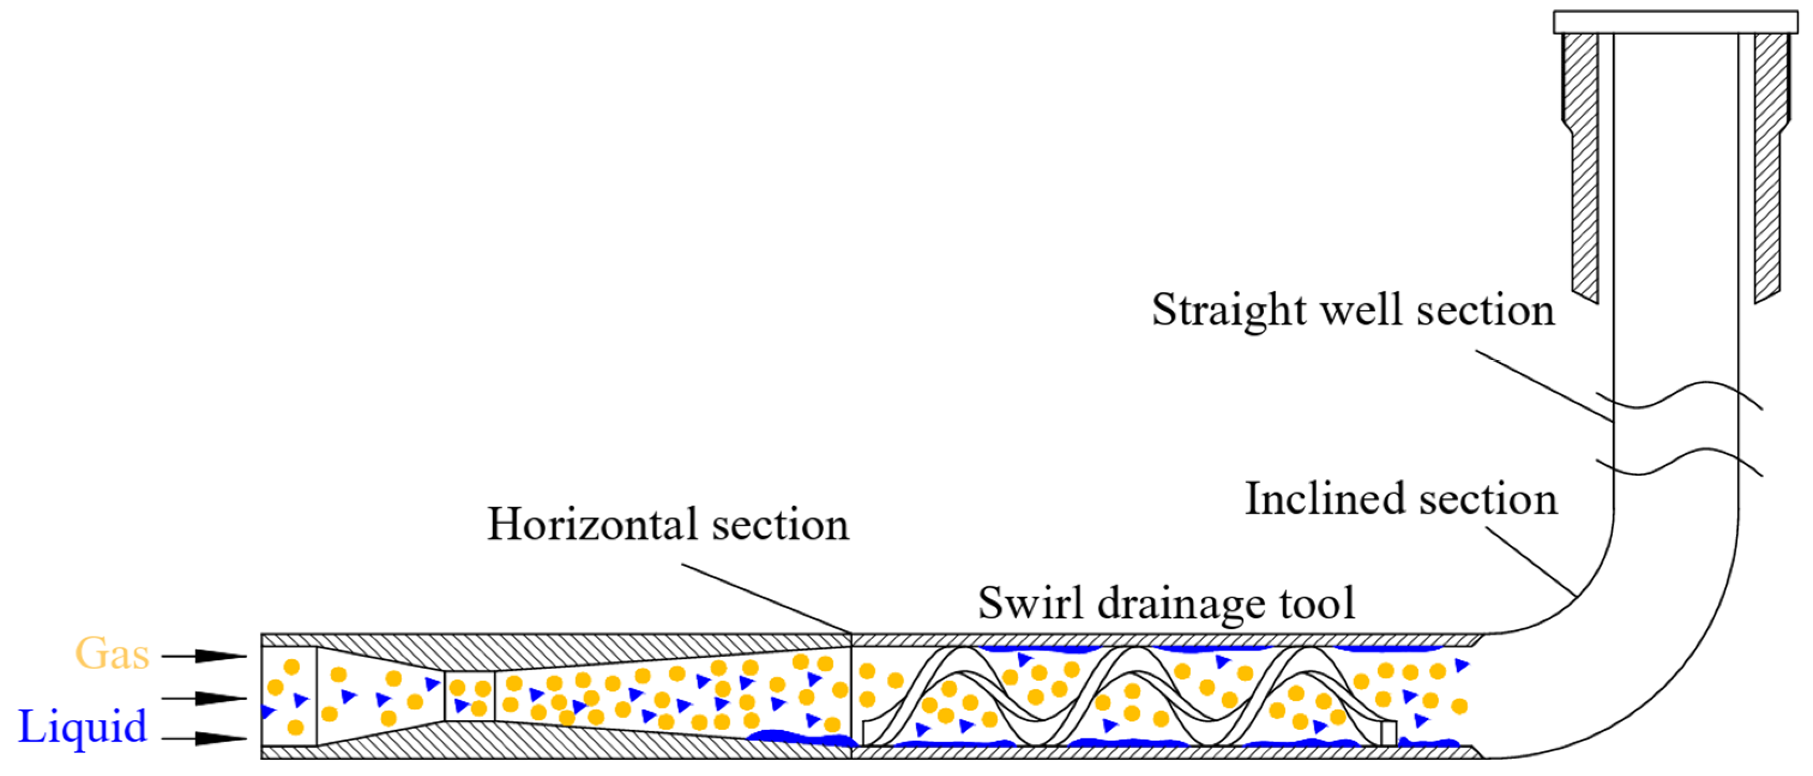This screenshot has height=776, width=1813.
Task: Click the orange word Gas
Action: click(112, 654)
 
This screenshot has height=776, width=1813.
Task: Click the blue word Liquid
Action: click(83, 727)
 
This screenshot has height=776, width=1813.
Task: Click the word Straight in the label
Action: click(1229, 310)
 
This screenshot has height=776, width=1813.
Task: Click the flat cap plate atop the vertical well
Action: click(1676, 22)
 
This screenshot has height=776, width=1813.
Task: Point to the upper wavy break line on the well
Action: click(1678, 399)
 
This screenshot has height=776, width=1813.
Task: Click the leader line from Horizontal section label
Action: click(767, 599)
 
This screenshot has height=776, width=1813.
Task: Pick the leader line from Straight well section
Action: click(1545, 385)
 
